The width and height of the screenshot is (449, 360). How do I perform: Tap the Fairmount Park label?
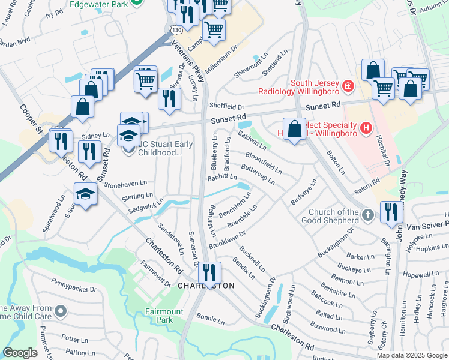click(x=164, y=316)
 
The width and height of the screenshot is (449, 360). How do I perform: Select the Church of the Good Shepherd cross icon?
click(x=369, y=215)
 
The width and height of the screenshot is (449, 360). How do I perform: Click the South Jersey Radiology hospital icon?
click(x=347, y=88)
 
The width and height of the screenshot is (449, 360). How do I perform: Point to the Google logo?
click(x=20, y=353)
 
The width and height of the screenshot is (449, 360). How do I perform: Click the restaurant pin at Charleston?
click(x=209, y=272)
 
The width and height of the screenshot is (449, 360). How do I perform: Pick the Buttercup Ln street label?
click(x=258, y=173)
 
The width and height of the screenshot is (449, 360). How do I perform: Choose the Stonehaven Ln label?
click(x=125, y=183)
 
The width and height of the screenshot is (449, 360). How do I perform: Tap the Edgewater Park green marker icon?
click(x=137, y=2)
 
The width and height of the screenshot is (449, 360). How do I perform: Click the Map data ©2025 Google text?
click(x=412, y=355)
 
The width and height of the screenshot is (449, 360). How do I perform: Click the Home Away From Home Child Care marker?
click(x=60, y=311)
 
